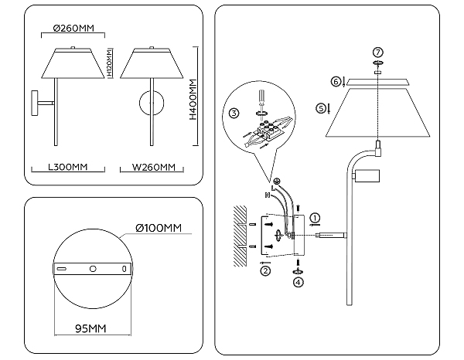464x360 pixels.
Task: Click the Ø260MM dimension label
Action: [73, 28]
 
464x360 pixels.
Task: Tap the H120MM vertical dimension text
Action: [109, 63]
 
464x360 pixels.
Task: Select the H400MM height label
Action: [193, 99]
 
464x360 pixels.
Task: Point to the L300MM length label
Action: [68, 167]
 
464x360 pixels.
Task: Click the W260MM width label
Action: [154, 168]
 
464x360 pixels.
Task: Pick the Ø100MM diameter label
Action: [159, 228]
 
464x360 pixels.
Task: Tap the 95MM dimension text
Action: [90, 328]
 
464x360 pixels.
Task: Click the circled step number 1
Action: [315, 218]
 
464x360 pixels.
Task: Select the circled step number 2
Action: [265, 270]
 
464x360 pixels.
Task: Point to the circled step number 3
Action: [234, 114]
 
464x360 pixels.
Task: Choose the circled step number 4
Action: [298, 282]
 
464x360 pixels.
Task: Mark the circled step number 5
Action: [321, 108]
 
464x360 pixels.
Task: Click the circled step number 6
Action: [336, 81]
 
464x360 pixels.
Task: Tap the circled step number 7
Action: [378, 53]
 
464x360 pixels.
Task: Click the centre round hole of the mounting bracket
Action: [93, 269]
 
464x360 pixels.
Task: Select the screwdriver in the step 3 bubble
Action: [261, 101]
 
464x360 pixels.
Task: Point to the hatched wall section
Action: [240, 236]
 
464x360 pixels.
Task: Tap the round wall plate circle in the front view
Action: [152, 103]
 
